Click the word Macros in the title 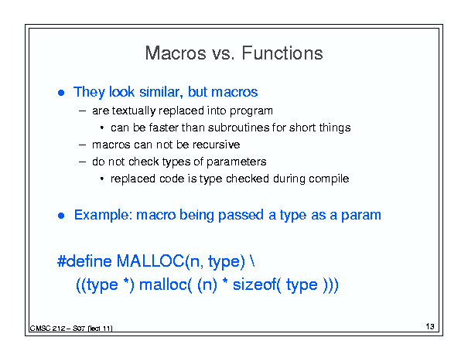(x=176, y=53)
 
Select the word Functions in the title (x=282, y=53)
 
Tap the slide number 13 (x=430, y=326)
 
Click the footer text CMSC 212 (x=47, y=329)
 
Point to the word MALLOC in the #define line (x=150, y=261)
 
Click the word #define (x=84, y=261)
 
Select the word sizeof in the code (x=254, y=284)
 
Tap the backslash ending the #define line (x=252, y=261)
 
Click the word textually (x=134, y=111)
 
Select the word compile (x=329, y=179)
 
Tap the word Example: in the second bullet (x=103, y=215)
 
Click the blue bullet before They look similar (x=61, y=93)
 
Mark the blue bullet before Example (x=61, y=216)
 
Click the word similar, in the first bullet (x=161, y=91)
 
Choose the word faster (x=163, y=128)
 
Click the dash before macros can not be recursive (x=82, y=145)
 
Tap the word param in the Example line (x=360, y=216)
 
